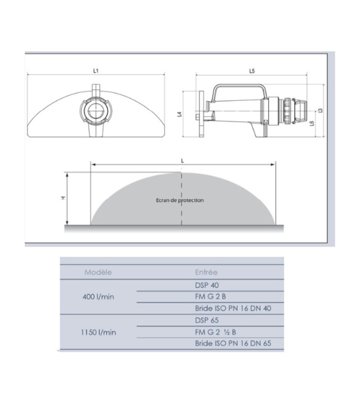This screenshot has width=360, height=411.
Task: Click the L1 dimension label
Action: pyautogui.click(x=96, y=70)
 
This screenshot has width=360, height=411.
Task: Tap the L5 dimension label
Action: pyautogui.click(x=252, y=71)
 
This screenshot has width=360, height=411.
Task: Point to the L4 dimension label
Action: pyautogui.click(x=179, y=114)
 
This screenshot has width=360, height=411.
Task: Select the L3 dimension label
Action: pyautogui.click(x=320, y=110)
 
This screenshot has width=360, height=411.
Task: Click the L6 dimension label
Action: pyautogui.click(x=312, y=123)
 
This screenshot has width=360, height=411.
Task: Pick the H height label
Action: pyautogui.click(x=63, y=198)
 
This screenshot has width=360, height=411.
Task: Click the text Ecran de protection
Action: pyautogui.click(x=179, y=200)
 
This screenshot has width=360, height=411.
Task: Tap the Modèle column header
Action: pyautogui.click(x=98, y=272)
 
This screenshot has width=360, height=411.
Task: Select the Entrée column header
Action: pyautogui.click(x=206, y=272)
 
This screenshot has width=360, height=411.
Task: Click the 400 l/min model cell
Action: pyautogui.click(x=98, y=297)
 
